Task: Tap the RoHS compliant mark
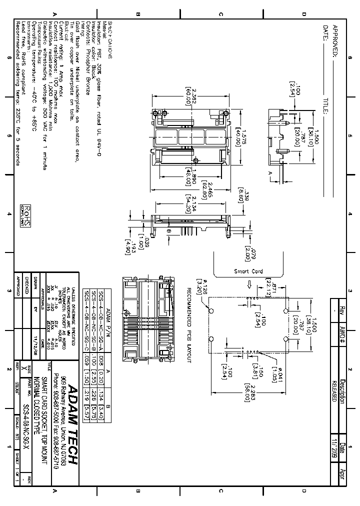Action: (27, 215)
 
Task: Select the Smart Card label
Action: (248, 271)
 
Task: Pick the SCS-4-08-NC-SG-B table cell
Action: (94, 306)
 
